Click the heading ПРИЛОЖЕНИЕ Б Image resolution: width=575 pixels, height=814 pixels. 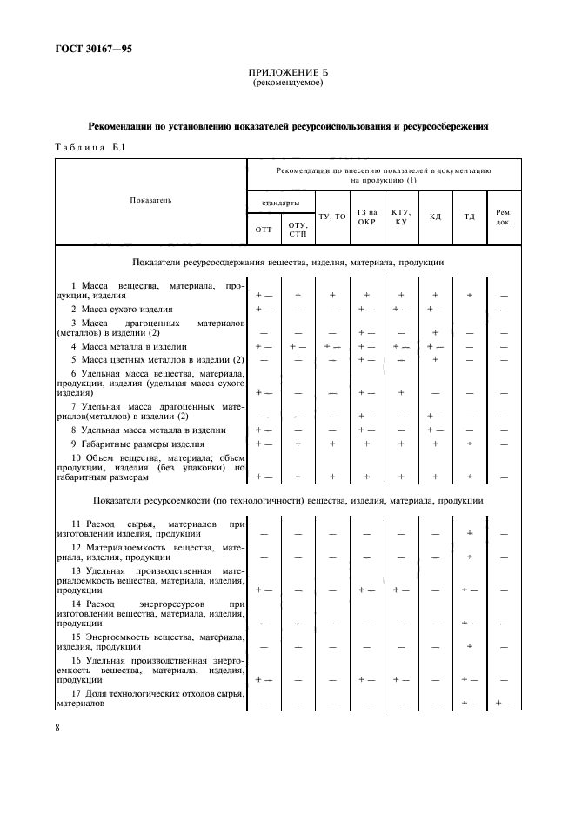tap(287, 73)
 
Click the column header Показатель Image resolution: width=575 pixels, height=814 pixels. tap(150, 200)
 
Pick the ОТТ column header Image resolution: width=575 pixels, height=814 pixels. tap(263, 230)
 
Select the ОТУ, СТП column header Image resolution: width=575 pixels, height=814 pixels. tap(298, 230)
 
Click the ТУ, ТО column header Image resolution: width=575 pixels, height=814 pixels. tap(332, 216)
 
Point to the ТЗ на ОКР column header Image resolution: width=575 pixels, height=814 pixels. tap(366, 216)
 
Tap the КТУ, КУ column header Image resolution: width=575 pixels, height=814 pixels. tap(401, 216)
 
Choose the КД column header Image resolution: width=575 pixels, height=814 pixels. tap(435, 216)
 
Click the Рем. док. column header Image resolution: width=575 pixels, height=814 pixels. tap(504, 216)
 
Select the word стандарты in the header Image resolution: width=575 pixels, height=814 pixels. tap(279, 201)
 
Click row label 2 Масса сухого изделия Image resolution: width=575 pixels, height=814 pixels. tap(122, 309)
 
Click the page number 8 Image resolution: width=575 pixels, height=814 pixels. tap(58, 726)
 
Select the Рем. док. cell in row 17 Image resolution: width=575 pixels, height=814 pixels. tap(504, 702)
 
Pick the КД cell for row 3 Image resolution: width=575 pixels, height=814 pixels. tap(435, 333)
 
